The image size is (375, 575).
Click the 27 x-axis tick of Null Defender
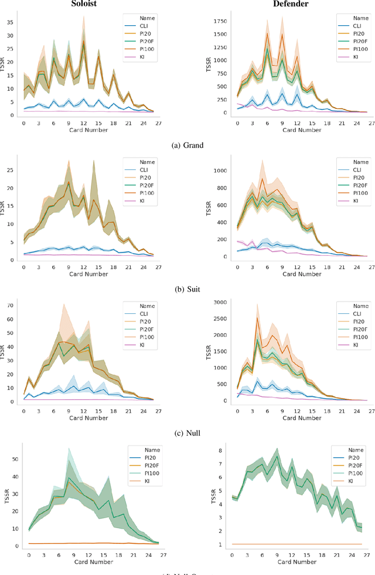pos(367,409)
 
